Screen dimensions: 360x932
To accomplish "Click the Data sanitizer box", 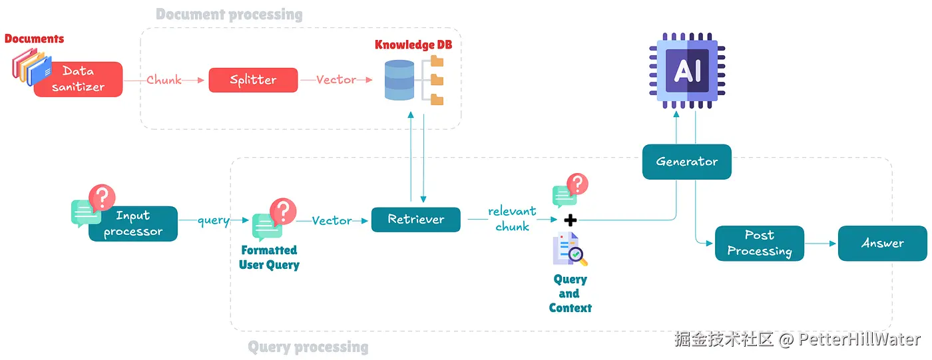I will pos(79,79).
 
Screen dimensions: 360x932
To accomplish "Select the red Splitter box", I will pos(253,80).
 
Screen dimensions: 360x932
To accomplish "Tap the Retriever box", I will pos(415,220).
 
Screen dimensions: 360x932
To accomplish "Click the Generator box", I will pos(686,162).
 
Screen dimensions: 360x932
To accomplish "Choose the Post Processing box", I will pos(759,244).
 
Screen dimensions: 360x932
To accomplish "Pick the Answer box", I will pos(882,244).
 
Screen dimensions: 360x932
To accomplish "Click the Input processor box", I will pos(133,224).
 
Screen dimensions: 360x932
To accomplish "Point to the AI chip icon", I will pos(687,70).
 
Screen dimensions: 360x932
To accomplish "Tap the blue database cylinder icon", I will pos(399,80).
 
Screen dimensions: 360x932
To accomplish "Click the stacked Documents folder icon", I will pos(30,68).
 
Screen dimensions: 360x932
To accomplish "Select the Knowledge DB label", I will pos(413,45).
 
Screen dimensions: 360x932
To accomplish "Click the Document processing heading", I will pos(229,15).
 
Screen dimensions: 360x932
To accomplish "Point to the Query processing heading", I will pos(308,347).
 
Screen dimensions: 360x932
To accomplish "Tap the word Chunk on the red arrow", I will pos(164,80).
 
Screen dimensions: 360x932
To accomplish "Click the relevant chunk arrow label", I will pos(511,219).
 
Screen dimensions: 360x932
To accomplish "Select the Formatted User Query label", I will pos(269,258).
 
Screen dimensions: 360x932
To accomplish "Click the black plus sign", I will pos(570,220).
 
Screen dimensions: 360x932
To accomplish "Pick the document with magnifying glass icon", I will pos(570,250).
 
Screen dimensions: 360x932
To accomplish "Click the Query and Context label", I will pos(570,293).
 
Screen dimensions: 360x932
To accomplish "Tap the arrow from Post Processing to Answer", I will pos(821,244).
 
